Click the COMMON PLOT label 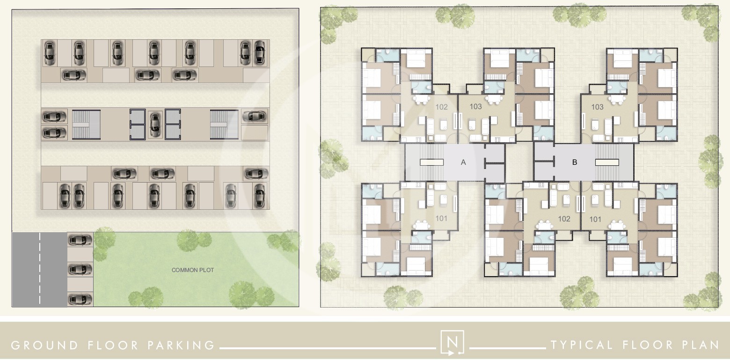click(192, 270)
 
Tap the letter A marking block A click(463, 162)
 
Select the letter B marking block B click(575, 162)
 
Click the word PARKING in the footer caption click(181, 345)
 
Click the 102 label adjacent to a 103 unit click(442, 107)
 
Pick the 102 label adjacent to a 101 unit click(564, 219)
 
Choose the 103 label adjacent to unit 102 click(475, 107)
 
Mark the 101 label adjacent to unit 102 click(595, 219)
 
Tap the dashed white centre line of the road click(40, 269)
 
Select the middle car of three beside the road click(80, 269)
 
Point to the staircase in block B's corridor click(613, 162)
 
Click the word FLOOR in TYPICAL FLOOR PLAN click(646, 345)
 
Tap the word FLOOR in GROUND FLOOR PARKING click(113, 345)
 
